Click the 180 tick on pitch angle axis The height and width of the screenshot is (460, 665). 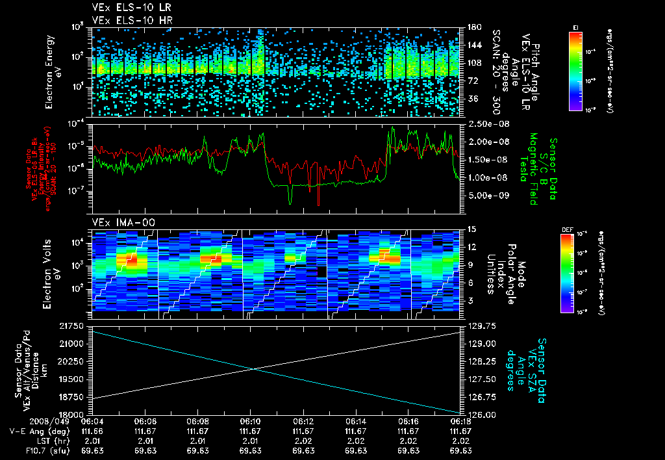pyautogui.click(x=474, y=27)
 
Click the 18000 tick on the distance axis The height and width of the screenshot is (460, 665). pyautogui.click(x=73, y=414)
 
